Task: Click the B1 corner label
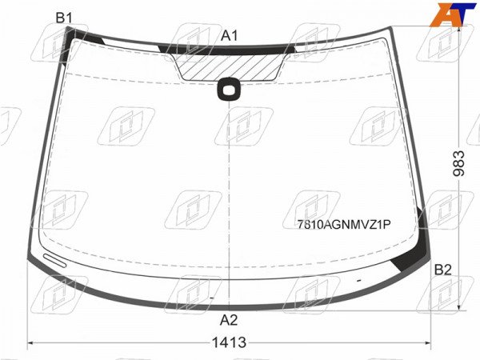tap(64, 18)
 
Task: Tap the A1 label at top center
tap(230, 36)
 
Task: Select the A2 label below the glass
tap(229, 320)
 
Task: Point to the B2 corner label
tap(443, 270)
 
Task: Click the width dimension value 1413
tap(229, 342)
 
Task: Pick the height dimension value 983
tap(458, 163)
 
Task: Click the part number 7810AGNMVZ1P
tap(344, 225)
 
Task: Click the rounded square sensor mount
tap(229, 89)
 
